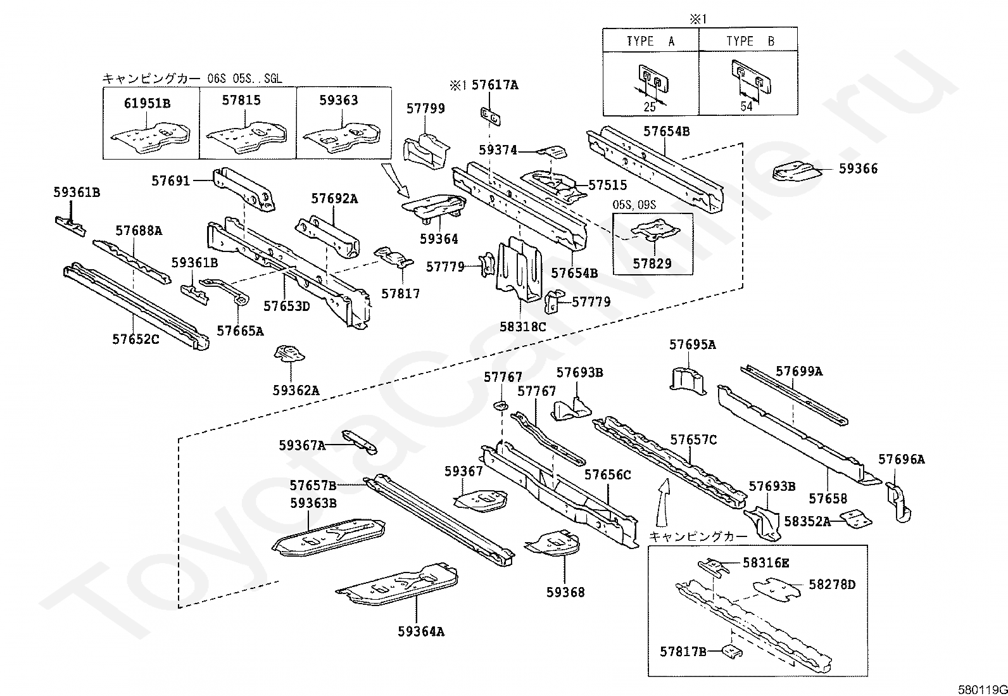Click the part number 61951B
click(x=147, y=103)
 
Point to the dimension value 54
click(x=747, y=106)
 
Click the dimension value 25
click(x=650, y=106)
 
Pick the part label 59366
click(x=858, y=169)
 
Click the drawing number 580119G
click(x=982, y=690)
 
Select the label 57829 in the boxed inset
click(x=652, y=263)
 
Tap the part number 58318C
click(x=522, y=326)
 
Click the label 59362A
click(x=296, y=390)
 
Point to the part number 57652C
click(x=135, y=339)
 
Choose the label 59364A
click(x=421, y=631)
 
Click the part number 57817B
click(x=683, y=652)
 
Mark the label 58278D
click(x=832, y=585)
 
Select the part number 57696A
click(x=902, y=459)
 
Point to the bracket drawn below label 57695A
click(x=688, y=383)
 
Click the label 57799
click(x=425, y=108)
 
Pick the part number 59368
click(x=565, y=592)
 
